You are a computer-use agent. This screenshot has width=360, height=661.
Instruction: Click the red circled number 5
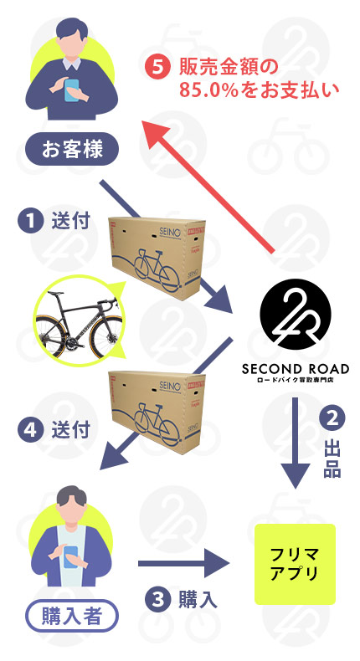(157, 68)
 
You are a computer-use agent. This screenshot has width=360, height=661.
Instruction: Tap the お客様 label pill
(72, 149)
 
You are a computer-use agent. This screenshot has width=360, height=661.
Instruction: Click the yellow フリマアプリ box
(295, 564)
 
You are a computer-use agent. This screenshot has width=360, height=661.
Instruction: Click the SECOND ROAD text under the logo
(296, 369)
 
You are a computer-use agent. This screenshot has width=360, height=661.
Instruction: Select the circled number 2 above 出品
(332, 418)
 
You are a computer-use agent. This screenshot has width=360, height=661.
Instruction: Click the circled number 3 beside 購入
(157, 600)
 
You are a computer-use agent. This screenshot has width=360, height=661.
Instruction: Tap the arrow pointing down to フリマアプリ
(296, 443)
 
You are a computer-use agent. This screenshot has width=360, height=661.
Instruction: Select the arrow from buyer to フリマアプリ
(183, 564)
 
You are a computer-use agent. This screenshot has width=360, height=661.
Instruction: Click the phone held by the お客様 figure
(71, 90)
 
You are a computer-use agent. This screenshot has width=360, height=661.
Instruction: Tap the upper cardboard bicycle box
(157, 258)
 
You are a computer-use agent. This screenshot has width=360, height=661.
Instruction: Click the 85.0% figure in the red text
(209, 90)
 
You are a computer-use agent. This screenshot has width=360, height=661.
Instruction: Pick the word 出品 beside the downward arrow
(332, 459)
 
